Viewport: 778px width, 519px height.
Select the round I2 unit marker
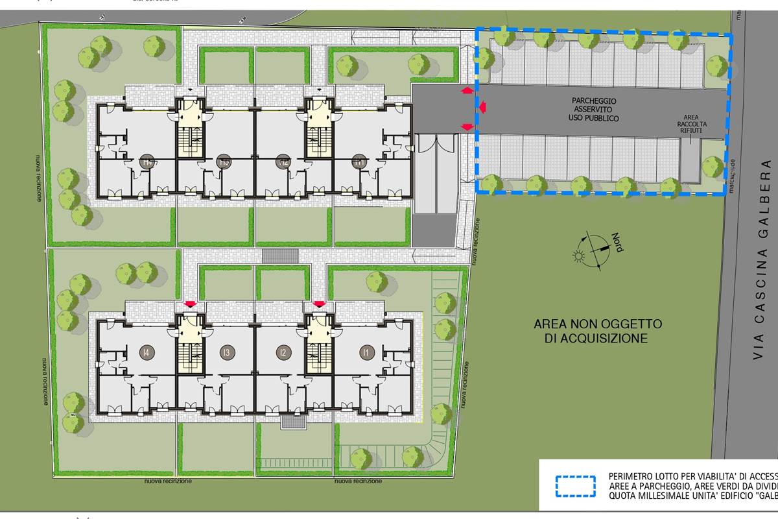pyautogui.click(x=282, y=353)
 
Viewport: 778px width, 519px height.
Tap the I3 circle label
pyautogui.click(x=226, y=352)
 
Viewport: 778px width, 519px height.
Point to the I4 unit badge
pyautogui.click(x=147, y=352)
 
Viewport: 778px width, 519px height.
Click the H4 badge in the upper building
pyautogui.click(x=147, y=162)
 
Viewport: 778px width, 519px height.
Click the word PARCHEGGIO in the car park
pyautogui.click(x=594, y=101)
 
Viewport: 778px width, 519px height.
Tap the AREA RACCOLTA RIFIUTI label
pyautogui.click(x=691, y=124)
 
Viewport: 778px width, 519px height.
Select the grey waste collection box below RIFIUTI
pyautogui.click(x=690, y=160)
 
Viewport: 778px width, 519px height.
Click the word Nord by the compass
pyautogui.click(x=615, y=245)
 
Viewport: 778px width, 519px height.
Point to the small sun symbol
pyautogui.click(x=578, y=255)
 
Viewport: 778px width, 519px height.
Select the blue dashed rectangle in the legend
pyautogui.click(x=576, y=485)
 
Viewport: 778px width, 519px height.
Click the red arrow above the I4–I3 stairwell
pyautogui.click(x=190, y=304)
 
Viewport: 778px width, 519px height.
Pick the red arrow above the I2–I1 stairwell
pyautogui.click(x=318, y=304)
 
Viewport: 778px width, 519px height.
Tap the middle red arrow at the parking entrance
pyautogui.click(x=482, y=106)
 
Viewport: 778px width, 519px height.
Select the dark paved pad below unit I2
pyautogui.click(x=294, y=422)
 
